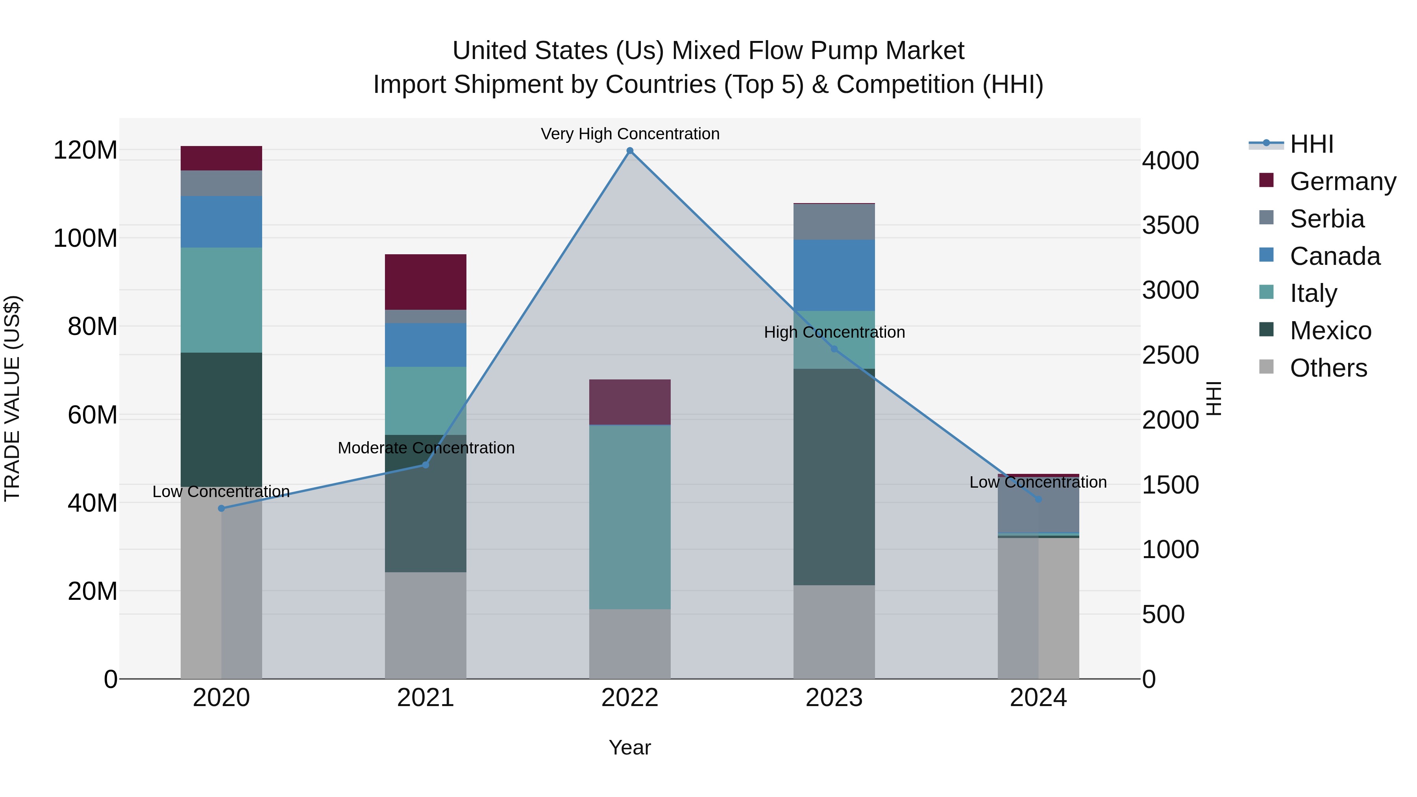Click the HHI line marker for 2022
(x=630, y=151)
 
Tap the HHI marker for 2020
(x=221, y=508)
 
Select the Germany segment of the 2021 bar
(x=425, y=282)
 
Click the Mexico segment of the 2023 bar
(x=834, y=476)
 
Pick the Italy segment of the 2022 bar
(x=630, y=517)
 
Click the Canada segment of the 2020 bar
(x=221, y=222)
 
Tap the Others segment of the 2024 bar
(x=1038, y=608)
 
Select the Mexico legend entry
(x=1330, y=331)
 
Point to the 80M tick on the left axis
(x=92, y=326)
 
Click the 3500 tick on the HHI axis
(x=1170, y=226)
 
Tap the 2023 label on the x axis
(x=834, y=698)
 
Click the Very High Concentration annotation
(x=630, y=134)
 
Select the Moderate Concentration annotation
(x=426, y=448)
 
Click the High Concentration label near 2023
(x=834, y=332)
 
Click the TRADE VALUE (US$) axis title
(x=12, y=398)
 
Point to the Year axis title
(x=629, y=747)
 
